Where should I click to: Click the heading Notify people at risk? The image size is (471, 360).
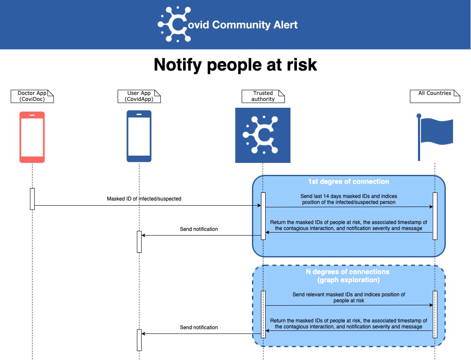click(235, 65)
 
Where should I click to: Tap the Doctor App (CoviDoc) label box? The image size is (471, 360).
click(32, 96)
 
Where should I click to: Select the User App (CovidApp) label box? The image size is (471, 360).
click(139, 96)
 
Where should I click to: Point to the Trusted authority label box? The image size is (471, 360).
click(263, 96)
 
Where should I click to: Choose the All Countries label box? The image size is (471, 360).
click(435, 96)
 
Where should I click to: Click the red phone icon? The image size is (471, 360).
click(32, 137)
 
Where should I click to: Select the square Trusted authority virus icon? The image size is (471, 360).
click(263, 135)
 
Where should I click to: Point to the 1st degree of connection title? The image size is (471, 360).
click(349, 182)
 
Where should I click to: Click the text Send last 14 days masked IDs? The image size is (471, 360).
click(349, 199)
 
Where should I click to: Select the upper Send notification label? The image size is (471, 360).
click(199, 229)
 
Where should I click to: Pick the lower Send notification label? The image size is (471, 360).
click(199, 328)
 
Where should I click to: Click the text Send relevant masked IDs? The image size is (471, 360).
click(349, 298)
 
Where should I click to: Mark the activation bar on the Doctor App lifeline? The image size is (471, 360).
click(32, 199)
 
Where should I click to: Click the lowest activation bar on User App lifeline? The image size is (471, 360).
click(139, 340)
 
